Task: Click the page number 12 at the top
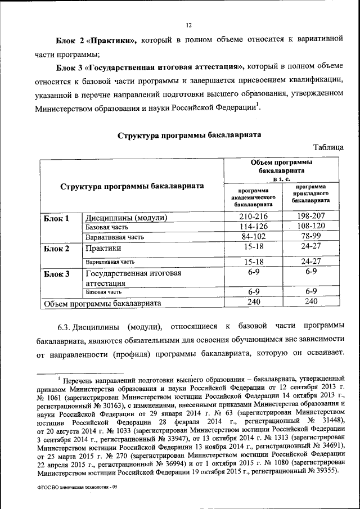click(x=189, y=25)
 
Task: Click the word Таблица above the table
click(x=328, y=147)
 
